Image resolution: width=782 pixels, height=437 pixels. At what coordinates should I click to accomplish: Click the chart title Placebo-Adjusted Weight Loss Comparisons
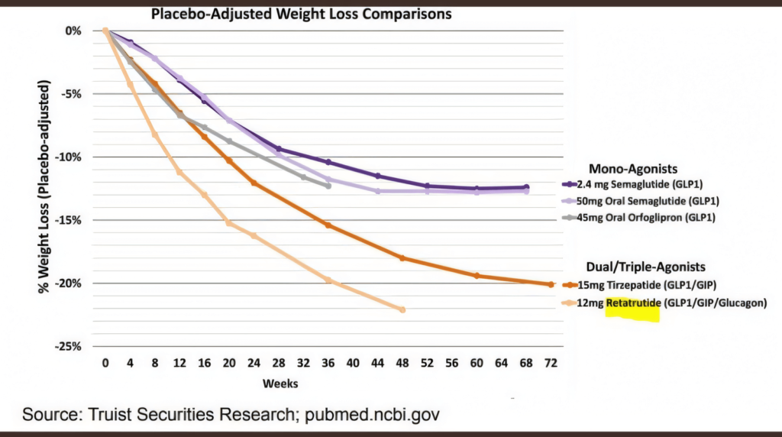(x=301, y=14)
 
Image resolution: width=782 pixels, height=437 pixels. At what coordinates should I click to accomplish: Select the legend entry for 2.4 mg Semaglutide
(x=644, y=184)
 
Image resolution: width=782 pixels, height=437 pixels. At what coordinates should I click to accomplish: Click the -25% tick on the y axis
(x=69, y=346)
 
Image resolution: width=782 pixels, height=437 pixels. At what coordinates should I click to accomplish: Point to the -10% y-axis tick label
(x=69, y=157)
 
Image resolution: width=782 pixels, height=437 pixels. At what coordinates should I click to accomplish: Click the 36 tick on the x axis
(x=328, y=364)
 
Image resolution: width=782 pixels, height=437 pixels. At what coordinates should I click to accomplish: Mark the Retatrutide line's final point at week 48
(x=402, y=309)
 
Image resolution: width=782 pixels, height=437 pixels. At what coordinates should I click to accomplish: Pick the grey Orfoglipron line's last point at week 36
(x=328, y=186)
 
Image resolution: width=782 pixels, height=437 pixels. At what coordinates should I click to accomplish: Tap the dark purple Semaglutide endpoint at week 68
(x=526, y=187)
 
